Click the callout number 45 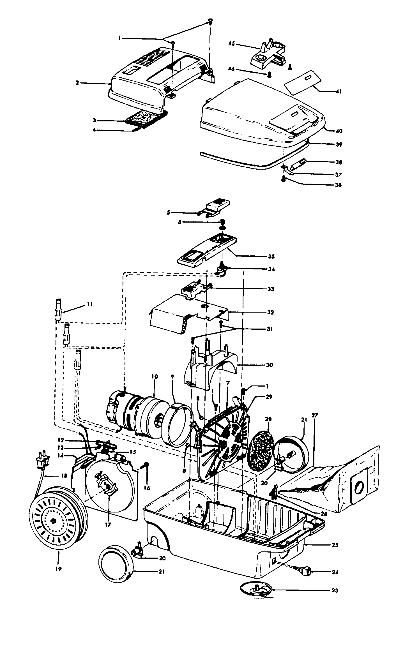[232, 44]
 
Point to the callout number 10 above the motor [155, 376]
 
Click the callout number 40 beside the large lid [339, 131]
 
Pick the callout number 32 [270, 312]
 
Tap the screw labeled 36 [284, 179]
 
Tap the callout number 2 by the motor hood [77, 83]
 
